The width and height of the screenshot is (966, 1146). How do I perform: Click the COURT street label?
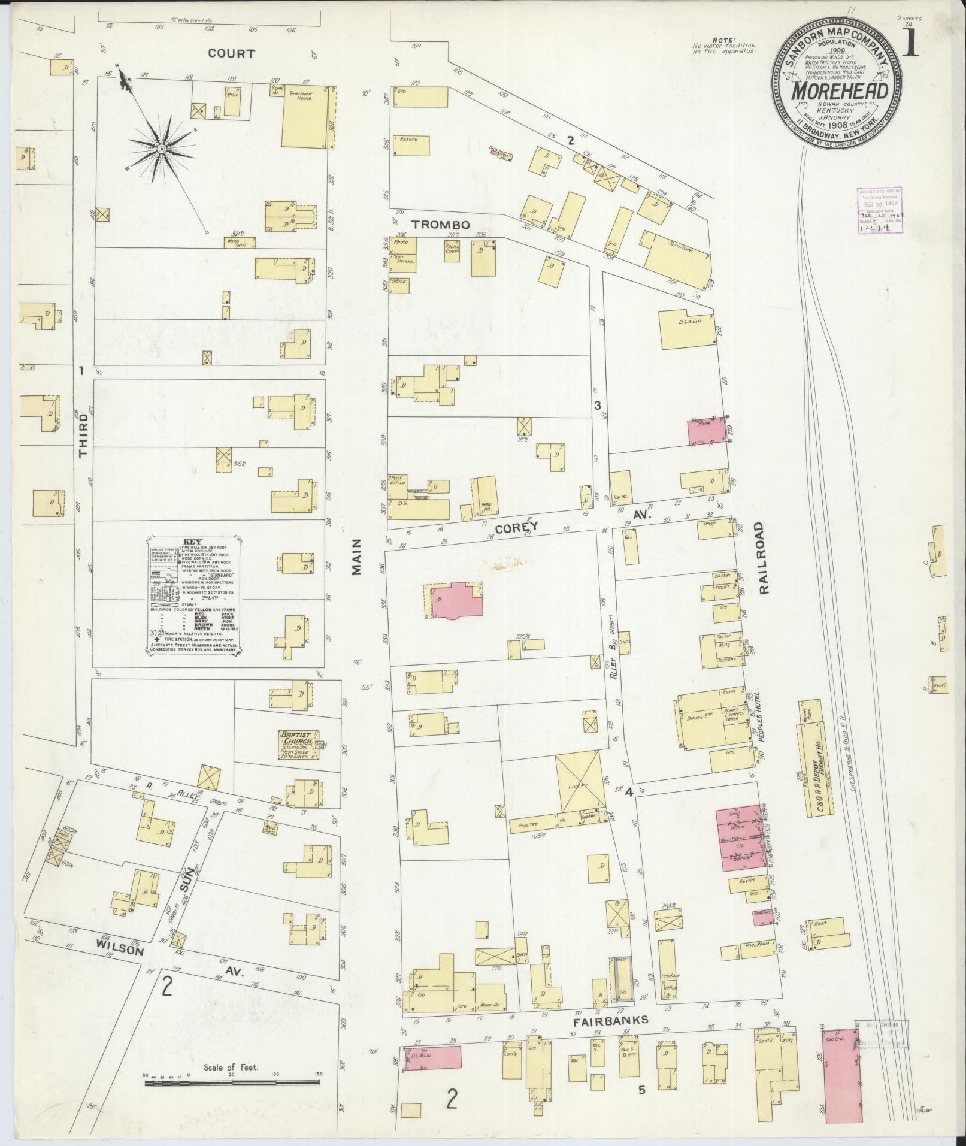click(231, 53)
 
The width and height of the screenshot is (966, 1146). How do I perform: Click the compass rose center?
click(161, 147)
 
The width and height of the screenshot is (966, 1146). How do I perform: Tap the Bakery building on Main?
click(412, 144)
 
